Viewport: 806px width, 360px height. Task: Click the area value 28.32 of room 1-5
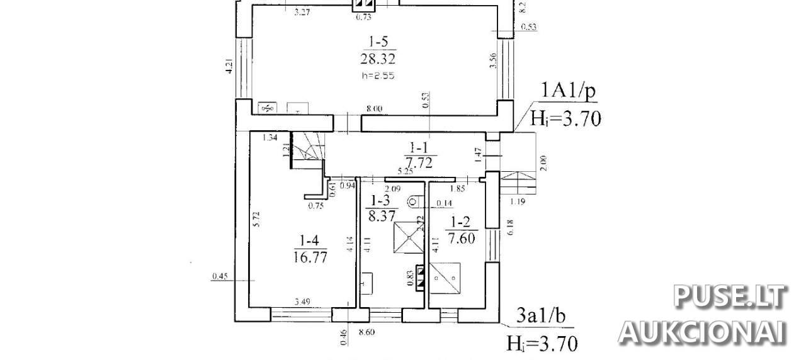click(x=378, y=59)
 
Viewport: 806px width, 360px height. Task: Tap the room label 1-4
click(x=310, y=240)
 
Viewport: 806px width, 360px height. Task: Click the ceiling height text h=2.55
click(x=377, y=75)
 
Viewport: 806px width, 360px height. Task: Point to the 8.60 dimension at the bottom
click(x=366, y=332)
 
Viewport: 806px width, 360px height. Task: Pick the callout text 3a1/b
click(x=540, y=316)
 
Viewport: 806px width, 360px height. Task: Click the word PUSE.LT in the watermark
click(x=730, y=296)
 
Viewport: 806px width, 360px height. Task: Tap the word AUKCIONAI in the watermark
click(x=703, y=332)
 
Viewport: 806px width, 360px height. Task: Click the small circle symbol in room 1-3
click(x=412, y=201)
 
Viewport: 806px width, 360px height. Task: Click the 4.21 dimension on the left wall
click(x=230, y=67)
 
